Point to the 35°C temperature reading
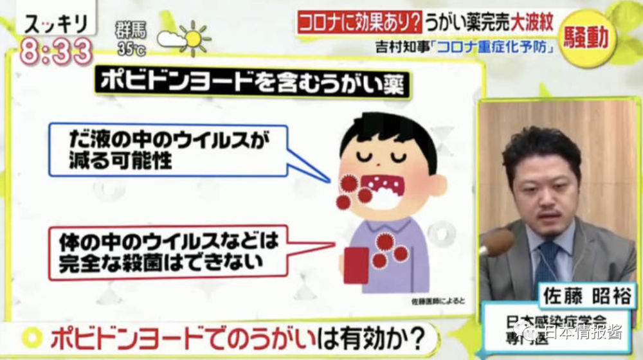[132, 48]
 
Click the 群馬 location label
[132, 30]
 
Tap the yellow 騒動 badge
[585, 38]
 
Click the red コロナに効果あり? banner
[360, 22]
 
